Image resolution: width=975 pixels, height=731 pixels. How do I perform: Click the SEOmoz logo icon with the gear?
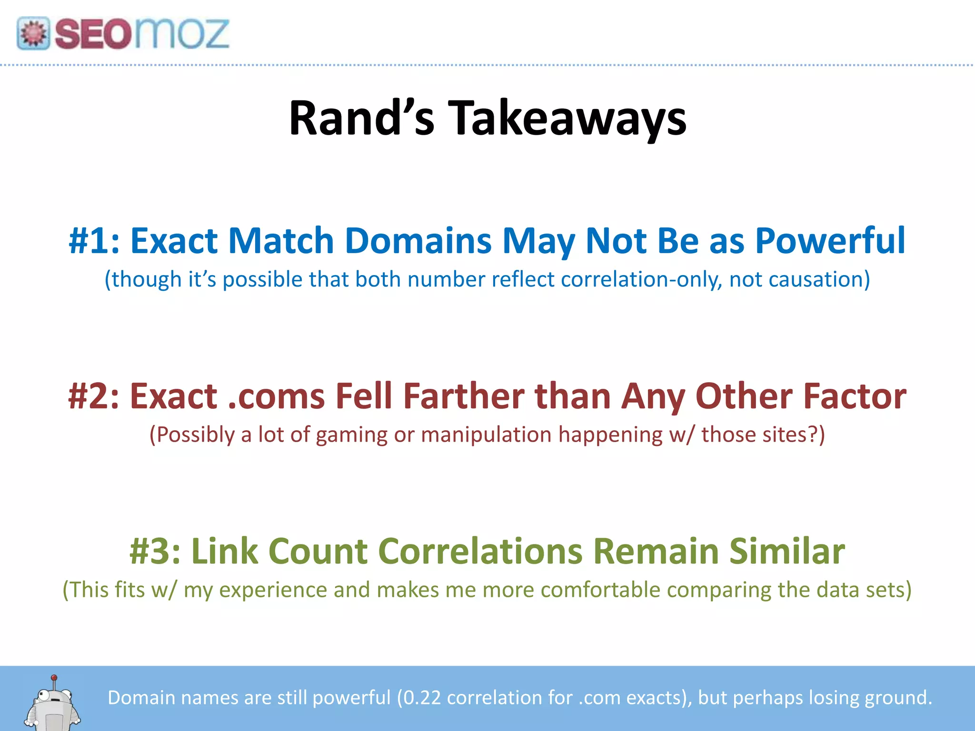pyautogui.click(x=33, y=33)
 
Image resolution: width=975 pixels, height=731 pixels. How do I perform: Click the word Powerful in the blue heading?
pyautogui.click(x=830, y=241)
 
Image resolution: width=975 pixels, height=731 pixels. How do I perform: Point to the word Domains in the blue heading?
pyautogui.click(x=418, y=241)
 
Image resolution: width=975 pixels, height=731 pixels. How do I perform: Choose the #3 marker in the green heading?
pyautogui.click(x=155, y=551)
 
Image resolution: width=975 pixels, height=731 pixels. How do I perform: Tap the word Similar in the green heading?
pyautogui.click(x=787, y=551)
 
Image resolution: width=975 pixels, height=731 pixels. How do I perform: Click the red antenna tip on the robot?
pyautogui.click(x=54, y=677)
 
